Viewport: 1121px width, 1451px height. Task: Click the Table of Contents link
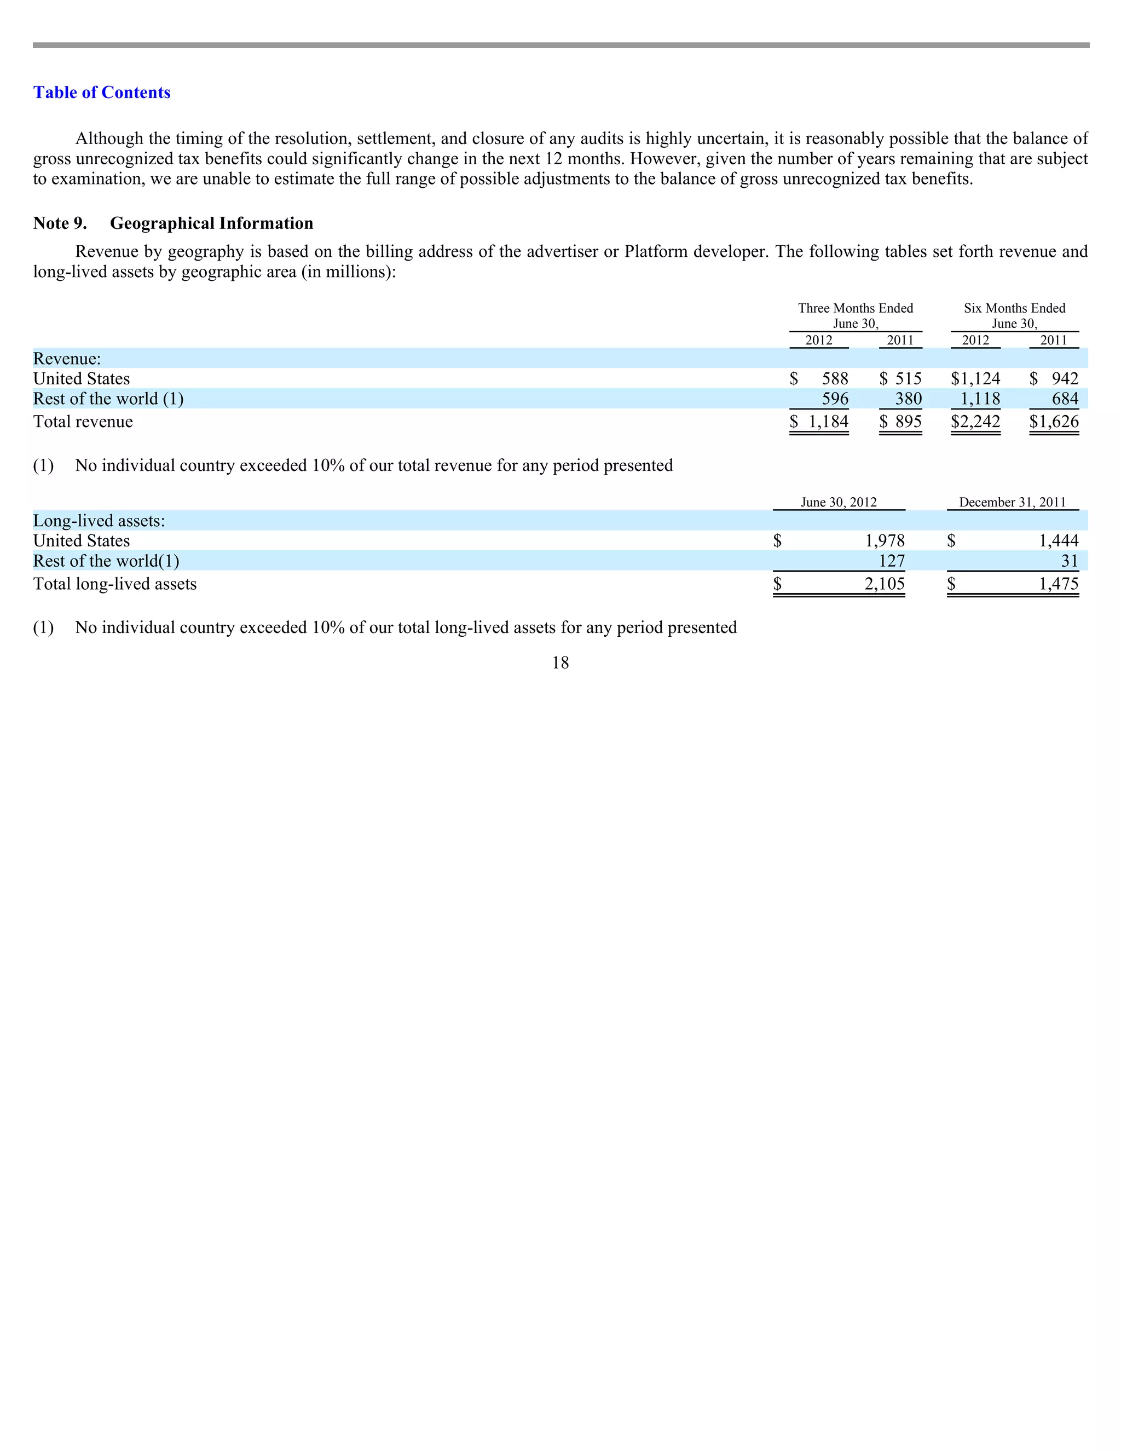click(102, 93)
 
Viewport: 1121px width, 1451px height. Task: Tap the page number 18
click(560, 663)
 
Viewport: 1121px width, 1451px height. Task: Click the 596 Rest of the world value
click(835, 399)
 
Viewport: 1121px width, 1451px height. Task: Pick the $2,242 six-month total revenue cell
click(975, 422)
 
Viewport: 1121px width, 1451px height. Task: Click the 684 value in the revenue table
click(1065, 399)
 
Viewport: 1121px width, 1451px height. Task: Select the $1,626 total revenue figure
click(1054, 422)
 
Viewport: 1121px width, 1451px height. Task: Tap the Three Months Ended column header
click(856, 315)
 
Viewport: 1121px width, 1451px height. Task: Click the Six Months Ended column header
click(1014, 315)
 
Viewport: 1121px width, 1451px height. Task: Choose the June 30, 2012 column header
click(838, 502)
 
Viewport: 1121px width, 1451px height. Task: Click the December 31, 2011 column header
click(1012, 502)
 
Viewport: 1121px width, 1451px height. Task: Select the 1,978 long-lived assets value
click(885, 541)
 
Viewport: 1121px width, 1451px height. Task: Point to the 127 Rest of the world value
click(891, 561)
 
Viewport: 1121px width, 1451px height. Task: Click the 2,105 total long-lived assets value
click(884, 584)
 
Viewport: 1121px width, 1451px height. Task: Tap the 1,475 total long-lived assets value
click(1059, 584)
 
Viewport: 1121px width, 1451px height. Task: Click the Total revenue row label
click(83, 422)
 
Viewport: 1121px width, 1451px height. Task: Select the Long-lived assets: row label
click(99, 521)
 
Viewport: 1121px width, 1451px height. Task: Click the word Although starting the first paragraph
click(109, 139)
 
